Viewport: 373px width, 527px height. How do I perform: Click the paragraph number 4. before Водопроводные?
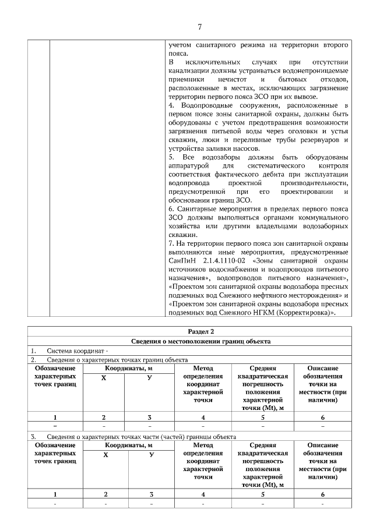point(171,105)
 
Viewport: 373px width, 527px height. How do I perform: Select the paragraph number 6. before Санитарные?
point(171,208)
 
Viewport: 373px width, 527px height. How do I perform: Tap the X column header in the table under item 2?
point(103,378)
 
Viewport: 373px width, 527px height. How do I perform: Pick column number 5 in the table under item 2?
point(262,417)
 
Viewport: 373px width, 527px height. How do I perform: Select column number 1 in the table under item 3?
point(55,494)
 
